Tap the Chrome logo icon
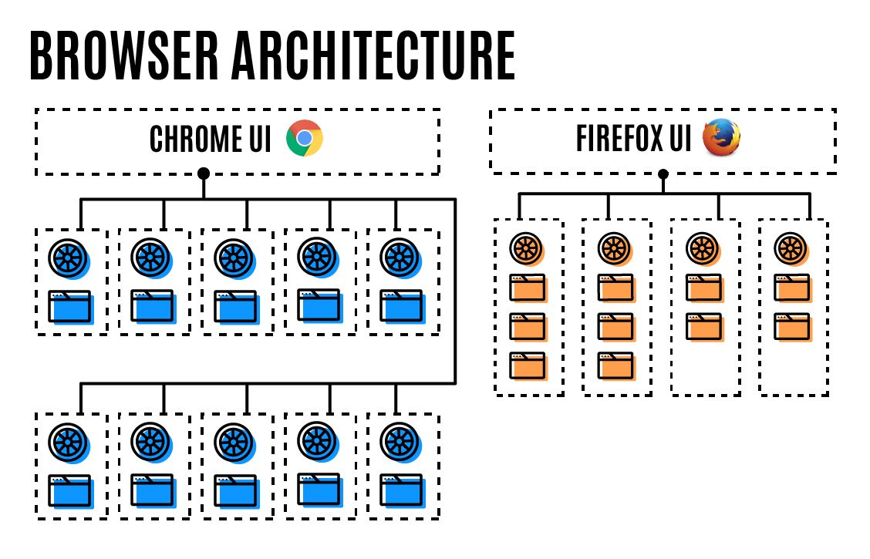[x=305, y=139]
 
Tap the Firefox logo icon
[x=721, y=139]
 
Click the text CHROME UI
[x=210, y=140]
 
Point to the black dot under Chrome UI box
[x=204, y=173]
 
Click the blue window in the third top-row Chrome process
[x=235, y=306]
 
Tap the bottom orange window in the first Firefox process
[x=528, y=365]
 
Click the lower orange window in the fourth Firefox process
[x=792, y=326]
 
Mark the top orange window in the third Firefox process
[x=704, y=288]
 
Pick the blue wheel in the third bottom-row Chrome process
[x=234, y=442]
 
